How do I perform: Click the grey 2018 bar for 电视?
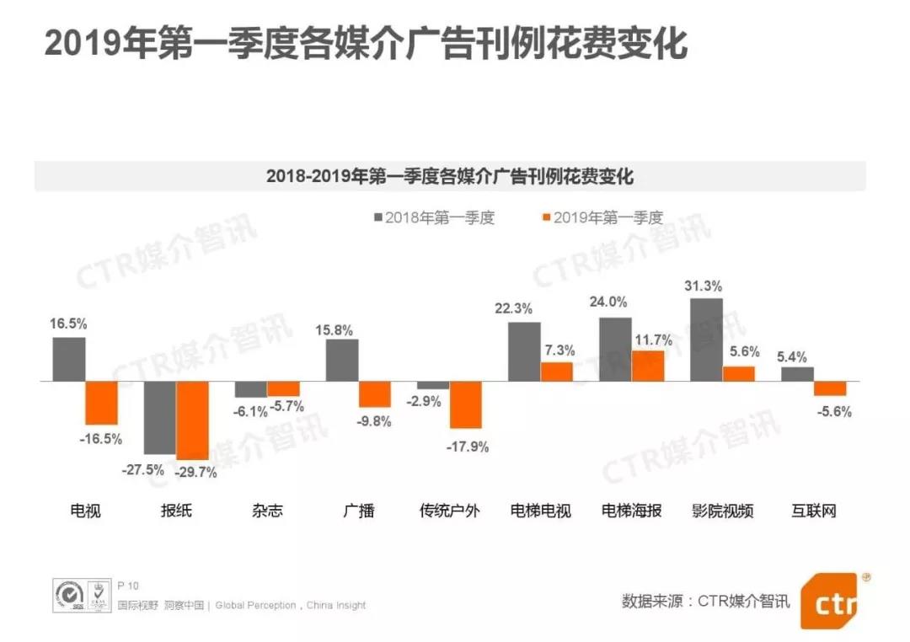click(69, 360)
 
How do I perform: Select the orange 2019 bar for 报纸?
click(193, 420)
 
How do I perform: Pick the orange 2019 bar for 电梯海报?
click(648, 366)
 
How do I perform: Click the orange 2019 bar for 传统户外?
click(465, 405)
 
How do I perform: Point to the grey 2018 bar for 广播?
click(342, 361)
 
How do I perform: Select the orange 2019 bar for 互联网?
click(830, 388)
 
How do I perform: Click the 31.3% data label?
click(706, 285)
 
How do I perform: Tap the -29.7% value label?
click(196, 473)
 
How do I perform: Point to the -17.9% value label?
click(468, 447)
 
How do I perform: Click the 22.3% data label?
click(513, 308)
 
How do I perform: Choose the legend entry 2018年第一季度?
click(433, 218)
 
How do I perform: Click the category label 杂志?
click(267, 511)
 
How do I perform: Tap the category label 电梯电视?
click(541, 511)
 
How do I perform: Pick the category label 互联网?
click(814, 511)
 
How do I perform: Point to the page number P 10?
click(128, 586)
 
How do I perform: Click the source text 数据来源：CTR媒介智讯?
click(706, 602)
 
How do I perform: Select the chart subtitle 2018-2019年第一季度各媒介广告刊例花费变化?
click(450, 177)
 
